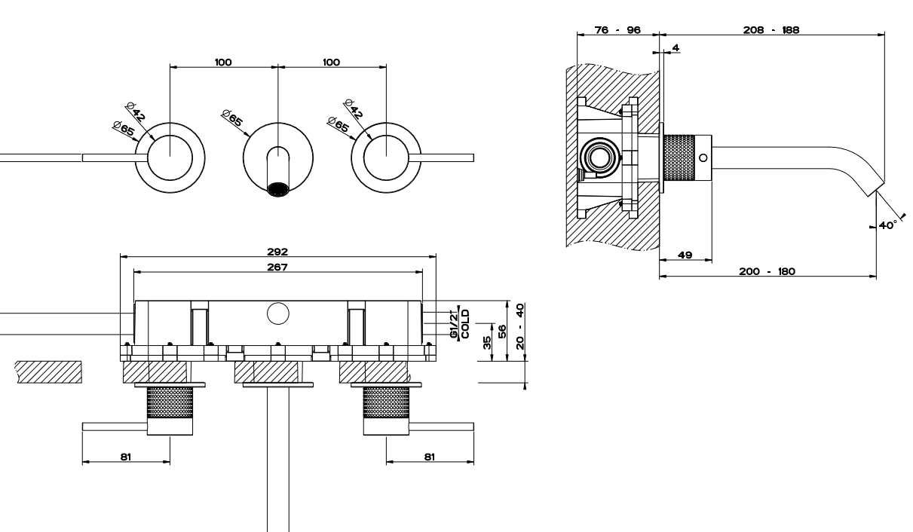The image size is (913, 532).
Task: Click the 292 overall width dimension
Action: click(x=277, y=252)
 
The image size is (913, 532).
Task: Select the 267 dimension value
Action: click(x=277, y=268)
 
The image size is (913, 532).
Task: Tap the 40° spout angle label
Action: click(x=887, y=225)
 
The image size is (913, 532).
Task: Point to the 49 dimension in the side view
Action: click(x=685, y=255)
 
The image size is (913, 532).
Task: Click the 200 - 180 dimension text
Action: click(x=767, y=271)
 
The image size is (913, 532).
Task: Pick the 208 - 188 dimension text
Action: click(x=771, y=29)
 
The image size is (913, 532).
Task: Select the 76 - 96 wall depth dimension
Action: click(x=617, y=29)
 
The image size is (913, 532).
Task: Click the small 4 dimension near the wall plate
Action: click(x=676, y=47)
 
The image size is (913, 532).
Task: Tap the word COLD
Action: click(x=465, y=324)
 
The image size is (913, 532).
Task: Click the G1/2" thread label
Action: click(x=454, y=324)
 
